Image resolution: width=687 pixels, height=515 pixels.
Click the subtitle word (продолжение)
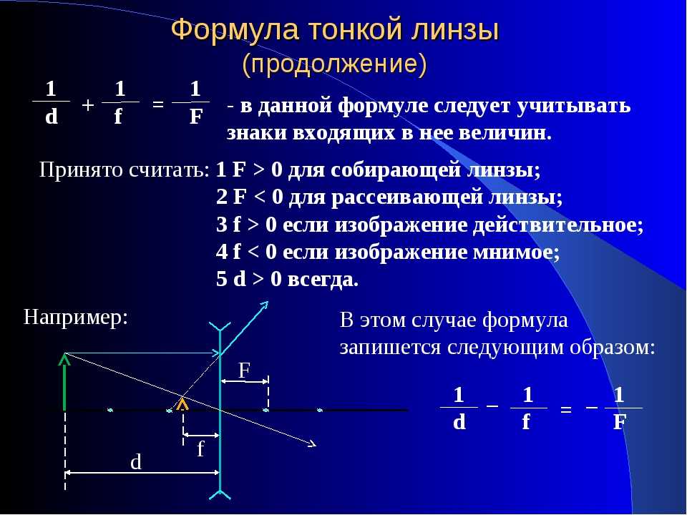coord(335,64)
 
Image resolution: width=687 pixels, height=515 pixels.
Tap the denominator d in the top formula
coord(52,117)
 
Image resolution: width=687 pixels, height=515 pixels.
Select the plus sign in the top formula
coord(87,105)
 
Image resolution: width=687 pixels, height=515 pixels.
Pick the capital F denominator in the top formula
coord(196,117)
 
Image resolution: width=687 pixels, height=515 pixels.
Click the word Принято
coord(81,170)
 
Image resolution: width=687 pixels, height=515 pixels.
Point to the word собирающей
coord(396,170)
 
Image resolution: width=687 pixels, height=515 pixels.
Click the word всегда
coord(323,280)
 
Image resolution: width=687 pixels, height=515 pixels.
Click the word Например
coord(75,318)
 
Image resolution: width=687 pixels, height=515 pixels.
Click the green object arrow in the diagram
coord(64,382)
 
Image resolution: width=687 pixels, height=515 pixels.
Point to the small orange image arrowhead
coord(182,403)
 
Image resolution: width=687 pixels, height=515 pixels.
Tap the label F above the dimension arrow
coord(244,371)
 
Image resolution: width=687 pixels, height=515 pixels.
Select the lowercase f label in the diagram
coord(200,449)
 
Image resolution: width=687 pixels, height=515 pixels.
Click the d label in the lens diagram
coord(136,462)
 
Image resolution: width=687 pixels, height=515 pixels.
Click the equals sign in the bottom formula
coord(566,410)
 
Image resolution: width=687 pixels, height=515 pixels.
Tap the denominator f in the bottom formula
coord(526,422)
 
